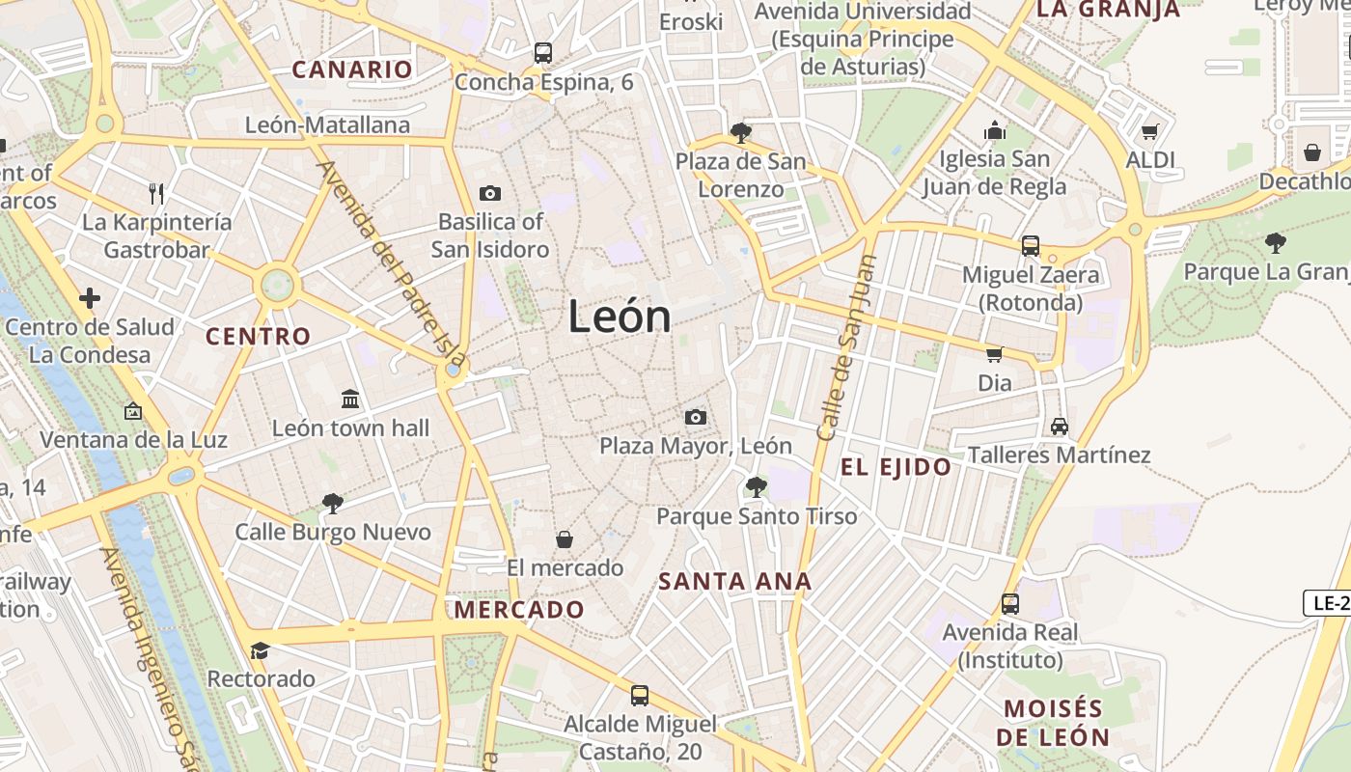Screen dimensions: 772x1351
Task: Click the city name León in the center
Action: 620,317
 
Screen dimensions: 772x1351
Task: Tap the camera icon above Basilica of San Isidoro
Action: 490,193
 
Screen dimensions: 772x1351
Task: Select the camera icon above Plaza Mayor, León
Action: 695,417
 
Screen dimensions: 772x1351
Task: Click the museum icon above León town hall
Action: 350,399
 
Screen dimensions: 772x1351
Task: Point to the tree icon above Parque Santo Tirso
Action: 757,487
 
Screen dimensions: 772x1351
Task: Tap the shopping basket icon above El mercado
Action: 565,538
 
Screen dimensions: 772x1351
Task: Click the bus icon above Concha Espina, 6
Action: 543,53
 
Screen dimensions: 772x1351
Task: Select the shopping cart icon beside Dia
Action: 995,354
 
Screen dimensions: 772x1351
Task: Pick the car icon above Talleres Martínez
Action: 1060,426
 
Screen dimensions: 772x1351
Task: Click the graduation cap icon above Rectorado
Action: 260,650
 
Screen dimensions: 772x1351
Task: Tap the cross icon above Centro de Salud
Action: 90,298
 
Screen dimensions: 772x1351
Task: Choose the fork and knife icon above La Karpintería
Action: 156,193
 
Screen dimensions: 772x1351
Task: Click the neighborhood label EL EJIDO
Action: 896,468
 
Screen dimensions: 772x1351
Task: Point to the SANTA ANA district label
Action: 735,582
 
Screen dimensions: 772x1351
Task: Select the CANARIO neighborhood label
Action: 352,69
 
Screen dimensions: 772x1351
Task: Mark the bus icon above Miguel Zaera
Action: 1031,246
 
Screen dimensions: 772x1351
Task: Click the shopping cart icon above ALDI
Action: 1149,131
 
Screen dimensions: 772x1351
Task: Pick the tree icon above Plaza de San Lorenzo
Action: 740,132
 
